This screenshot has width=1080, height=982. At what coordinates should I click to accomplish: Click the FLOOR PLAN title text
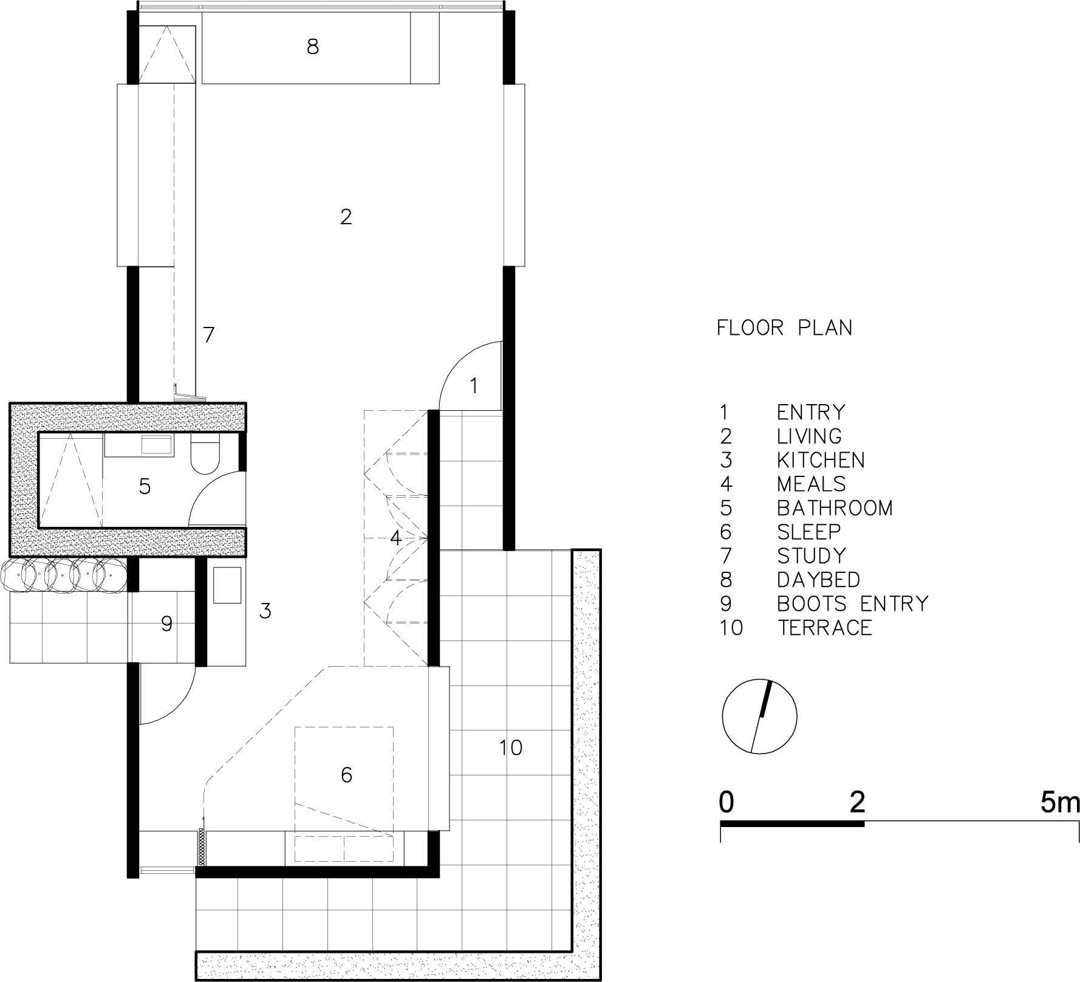(x=784, y=328)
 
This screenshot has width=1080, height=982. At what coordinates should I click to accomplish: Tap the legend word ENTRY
(x=811, y=412)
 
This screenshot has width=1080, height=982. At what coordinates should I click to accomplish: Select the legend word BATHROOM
(x=835, y=508)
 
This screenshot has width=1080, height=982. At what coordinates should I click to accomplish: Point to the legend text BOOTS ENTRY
(x=853, y=603)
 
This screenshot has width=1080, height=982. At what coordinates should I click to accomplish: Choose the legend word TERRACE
(x=825, y=627)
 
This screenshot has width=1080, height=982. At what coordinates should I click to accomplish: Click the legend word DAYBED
(x=819, y=580)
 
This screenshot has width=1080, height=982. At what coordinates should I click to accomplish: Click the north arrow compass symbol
(x=759, y=716)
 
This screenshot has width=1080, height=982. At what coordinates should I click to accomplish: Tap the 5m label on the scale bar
(x=1059, y=803)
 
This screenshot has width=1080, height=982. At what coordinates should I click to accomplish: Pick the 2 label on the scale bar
(x=857, y=803)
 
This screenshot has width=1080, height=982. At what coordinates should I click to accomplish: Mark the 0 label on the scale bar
(x=726, y=803)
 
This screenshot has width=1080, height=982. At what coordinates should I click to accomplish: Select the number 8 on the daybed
(x=313, y=47)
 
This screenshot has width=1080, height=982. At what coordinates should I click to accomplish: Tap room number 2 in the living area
(x=346, y=217)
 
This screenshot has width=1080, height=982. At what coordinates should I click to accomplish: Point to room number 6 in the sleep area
(x=346, y=775)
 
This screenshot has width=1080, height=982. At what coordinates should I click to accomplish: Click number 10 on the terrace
(x=511, y=747)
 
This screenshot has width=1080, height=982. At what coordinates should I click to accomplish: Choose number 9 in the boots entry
(x=167, y=623)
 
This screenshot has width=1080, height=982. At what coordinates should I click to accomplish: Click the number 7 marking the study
(x=209, y=335)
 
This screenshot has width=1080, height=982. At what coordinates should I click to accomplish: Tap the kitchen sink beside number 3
(x=227, y=585)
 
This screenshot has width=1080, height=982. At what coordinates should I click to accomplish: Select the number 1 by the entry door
(x=474, y=386)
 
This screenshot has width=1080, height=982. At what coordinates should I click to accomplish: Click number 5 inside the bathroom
(x=145, y=486)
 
